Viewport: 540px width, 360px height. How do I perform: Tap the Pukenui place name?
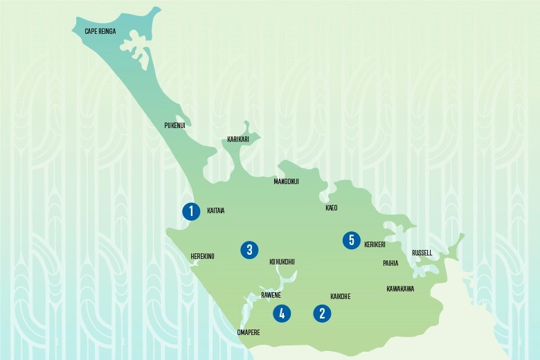point(174,125)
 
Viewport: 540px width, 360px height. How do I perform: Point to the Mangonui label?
point(287,181)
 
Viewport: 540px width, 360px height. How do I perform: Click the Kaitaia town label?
point(216,210)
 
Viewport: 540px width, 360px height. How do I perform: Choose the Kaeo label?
point(332,208)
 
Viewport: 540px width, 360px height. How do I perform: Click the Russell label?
point(422,253)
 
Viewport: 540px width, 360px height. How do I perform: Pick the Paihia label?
point(390,264)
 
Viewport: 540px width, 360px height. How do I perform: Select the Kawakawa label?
point(400,289)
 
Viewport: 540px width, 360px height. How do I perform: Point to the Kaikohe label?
point(341,296)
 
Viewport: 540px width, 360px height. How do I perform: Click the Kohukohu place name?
point(282,262)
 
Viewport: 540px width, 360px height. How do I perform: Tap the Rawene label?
point(271,296)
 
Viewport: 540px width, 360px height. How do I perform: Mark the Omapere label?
point(249,332)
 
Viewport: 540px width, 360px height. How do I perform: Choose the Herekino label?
point(202,257)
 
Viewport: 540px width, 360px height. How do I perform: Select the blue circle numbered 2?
point(322,314)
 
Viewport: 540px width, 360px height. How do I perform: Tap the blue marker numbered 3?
point(249,249)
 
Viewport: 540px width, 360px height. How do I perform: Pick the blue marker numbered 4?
point(281,314)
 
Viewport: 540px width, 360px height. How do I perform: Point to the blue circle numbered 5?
point(352,240)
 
